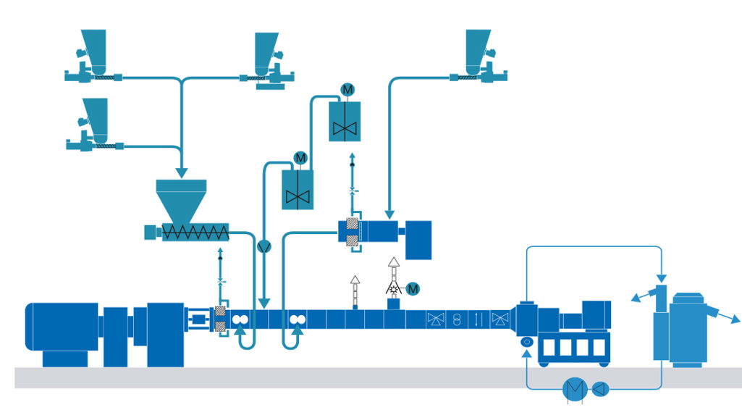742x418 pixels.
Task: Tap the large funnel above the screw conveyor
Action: (181, 198)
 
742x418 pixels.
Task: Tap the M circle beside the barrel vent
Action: (413, 289)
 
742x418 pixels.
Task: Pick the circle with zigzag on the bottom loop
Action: (575, 389)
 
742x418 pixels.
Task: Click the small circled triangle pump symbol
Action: (600, 389)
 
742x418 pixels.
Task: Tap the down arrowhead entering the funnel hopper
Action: (181, 171)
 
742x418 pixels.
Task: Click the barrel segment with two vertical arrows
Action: (478, 318)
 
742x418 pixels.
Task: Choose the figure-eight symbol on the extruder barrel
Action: (457, 318)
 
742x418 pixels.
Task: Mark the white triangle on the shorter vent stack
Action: (355, 280)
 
